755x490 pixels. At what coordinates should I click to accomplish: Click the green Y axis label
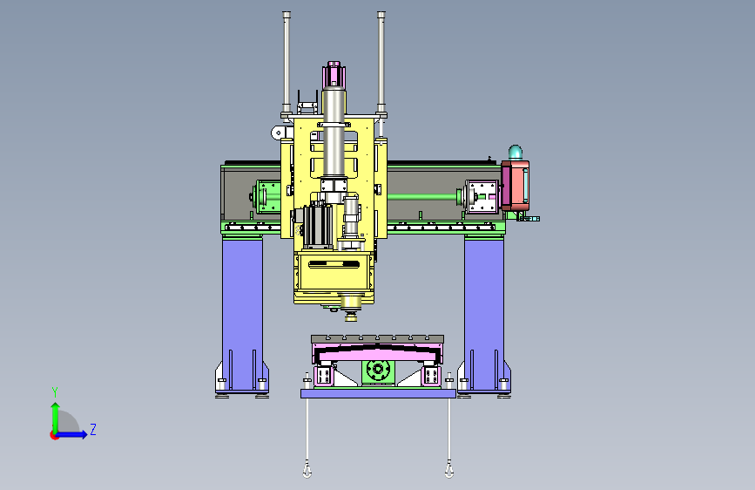tap(55, 391)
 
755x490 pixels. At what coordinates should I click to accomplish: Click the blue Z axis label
tap(93, 429)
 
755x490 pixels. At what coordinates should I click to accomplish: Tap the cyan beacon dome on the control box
tap(516, 153)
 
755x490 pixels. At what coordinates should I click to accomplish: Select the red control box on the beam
tap(516, 186)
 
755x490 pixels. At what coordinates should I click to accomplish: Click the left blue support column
tap(242, 314)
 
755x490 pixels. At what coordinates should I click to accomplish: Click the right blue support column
tap(484, 314)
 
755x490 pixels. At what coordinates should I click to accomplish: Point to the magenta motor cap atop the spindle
tap(334, 74)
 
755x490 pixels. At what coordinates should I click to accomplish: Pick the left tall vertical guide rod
tap(286, 62)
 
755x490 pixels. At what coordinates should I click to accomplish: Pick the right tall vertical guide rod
tap(381, 62)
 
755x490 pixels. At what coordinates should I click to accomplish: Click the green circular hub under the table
tap(378, 370)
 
